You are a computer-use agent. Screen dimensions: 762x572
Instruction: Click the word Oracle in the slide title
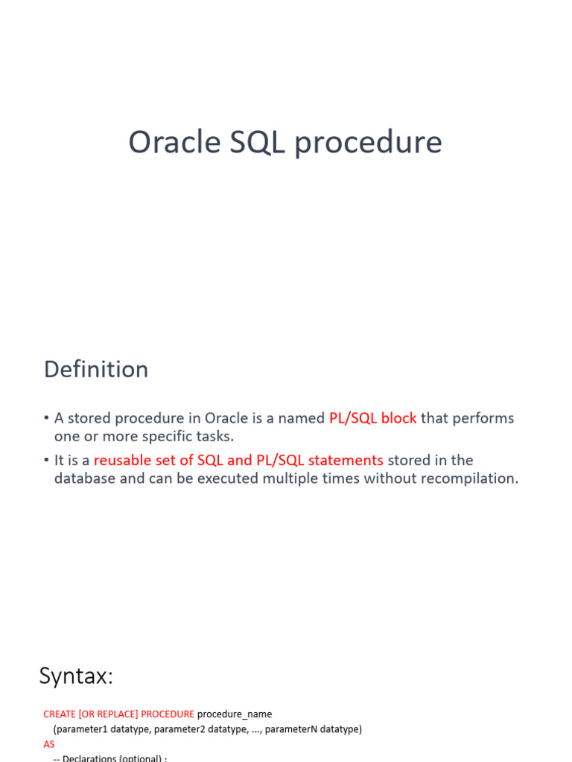[174, 142]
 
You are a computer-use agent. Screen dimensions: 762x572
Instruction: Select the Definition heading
[96, 370]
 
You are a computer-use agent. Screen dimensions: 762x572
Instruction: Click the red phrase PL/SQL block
[372, 418]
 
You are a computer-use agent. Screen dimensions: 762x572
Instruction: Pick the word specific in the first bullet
[170, 437]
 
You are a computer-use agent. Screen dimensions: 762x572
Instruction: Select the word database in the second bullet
[84, 478]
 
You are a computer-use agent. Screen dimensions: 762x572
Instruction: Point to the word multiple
[309, 478]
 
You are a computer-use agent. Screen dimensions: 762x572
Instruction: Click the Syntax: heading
[76, 676]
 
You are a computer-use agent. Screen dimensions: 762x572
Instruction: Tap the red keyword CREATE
[60, 714]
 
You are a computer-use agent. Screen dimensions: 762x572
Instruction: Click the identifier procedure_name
[235, 714]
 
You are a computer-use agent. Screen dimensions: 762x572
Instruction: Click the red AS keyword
[49, 744]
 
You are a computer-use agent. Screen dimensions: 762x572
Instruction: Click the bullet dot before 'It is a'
[46, 461]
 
